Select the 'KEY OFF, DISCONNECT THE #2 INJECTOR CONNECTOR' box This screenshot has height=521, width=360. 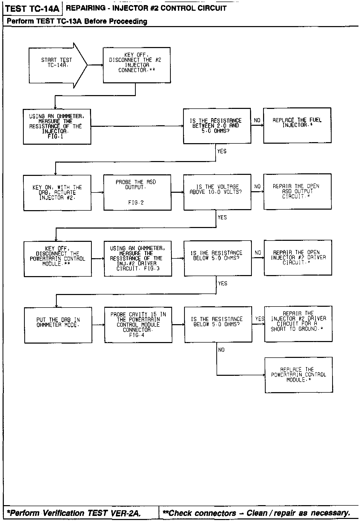137,65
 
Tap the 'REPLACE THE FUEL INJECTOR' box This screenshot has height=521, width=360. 297,125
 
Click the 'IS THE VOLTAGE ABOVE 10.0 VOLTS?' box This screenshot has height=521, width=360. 217,192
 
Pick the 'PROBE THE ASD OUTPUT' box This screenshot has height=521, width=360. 137,192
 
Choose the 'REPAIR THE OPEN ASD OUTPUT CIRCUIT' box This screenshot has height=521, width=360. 297,191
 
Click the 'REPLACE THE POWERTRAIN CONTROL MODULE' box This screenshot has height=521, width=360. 299,375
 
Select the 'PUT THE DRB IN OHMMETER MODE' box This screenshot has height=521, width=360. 58,325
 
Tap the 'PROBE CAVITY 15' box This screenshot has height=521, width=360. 138,324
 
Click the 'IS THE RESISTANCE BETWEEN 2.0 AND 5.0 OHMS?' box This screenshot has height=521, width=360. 217,126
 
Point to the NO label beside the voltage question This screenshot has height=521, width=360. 257,187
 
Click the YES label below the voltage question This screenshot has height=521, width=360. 222,217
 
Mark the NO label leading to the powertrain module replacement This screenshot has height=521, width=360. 221,350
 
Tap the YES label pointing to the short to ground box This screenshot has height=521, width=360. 260,319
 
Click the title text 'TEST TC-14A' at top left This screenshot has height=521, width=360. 32,9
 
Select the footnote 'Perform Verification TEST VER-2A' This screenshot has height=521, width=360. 74,513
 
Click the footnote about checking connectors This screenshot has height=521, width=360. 256,513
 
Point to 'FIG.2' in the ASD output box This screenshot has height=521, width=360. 136,203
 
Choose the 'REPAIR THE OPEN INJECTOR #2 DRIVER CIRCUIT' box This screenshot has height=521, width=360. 298,257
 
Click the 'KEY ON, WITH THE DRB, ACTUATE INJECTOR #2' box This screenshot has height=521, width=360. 57,192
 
